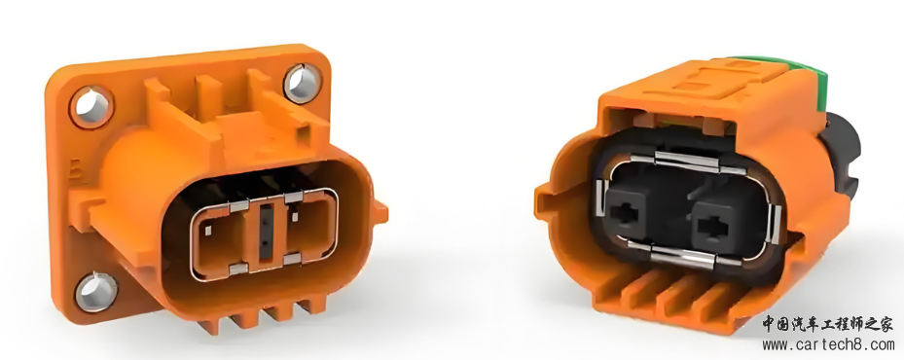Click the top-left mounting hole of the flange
pyautogui.click(x=91, y=107)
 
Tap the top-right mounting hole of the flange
pyautogui.click(x=303, y=83)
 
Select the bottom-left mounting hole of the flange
pyautogui.click(x=96, y=291)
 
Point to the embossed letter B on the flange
pyautogui.click(x=74, y=171)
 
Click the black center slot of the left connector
pyautogui.click(x=266, y=231)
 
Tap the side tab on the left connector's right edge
pyautogui.click(x=380, y=212)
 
